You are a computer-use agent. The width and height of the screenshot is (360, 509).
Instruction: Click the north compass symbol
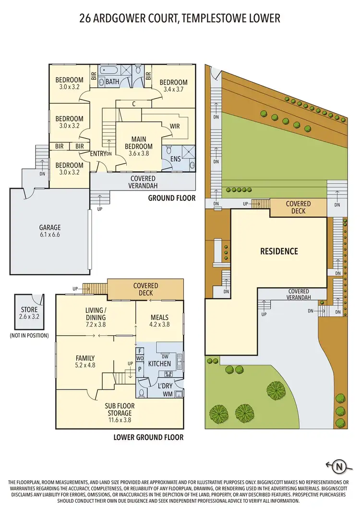[339, 465]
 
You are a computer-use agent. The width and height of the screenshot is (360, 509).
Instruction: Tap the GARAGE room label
[49, 228]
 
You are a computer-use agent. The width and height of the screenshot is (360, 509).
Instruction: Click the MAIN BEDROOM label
[139, 143]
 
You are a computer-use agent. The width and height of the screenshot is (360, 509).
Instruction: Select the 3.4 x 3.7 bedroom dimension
[173, 89]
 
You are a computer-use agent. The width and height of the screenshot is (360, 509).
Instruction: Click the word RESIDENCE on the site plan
[279, 251]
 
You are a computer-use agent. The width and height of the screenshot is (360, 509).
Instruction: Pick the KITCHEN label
[159, 363]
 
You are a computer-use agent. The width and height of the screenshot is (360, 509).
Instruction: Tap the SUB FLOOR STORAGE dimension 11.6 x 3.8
[119, 420]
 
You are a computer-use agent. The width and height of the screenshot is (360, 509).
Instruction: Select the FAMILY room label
[85, 358]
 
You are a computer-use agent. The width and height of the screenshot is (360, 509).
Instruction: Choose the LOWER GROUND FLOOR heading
[148, 437]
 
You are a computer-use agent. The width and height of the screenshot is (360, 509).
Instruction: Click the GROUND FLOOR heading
[171, 198]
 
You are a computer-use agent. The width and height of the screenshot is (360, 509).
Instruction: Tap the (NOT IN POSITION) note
[29, 335]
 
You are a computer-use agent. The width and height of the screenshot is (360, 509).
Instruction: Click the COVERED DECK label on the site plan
[298, 207]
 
